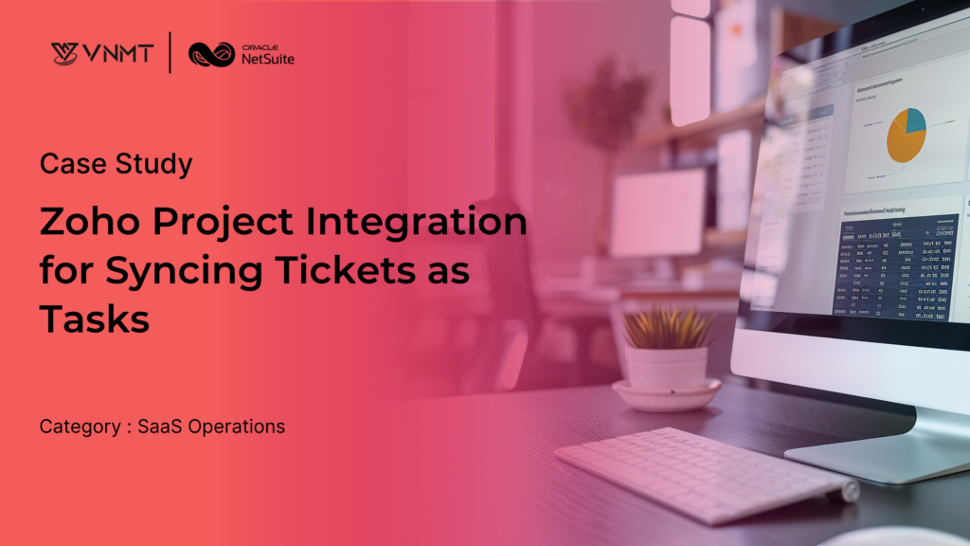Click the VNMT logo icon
click(x=64, y=53)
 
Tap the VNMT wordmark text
click(x=116, y=53)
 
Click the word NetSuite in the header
click(x=266, y=59)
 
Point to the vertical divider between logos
click(x=170, y=53)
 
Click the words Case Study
click(x=116, y=164)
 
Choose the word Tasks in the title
click(x=94, y=320)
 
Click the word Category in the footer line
click(x=80, y=427)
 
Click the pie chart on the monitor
click(x=905, y=135)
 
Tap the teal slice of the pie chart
click(x=915, y=120)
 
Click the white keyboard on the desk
click(x=700, y=474)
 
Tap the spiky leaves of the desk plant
click(x=667, y=327)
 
